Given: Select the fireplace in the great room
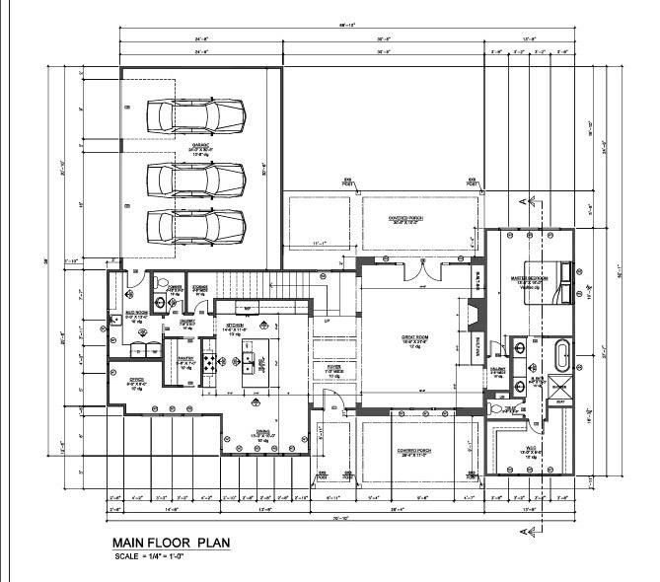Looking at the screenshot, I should point(475,318).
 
